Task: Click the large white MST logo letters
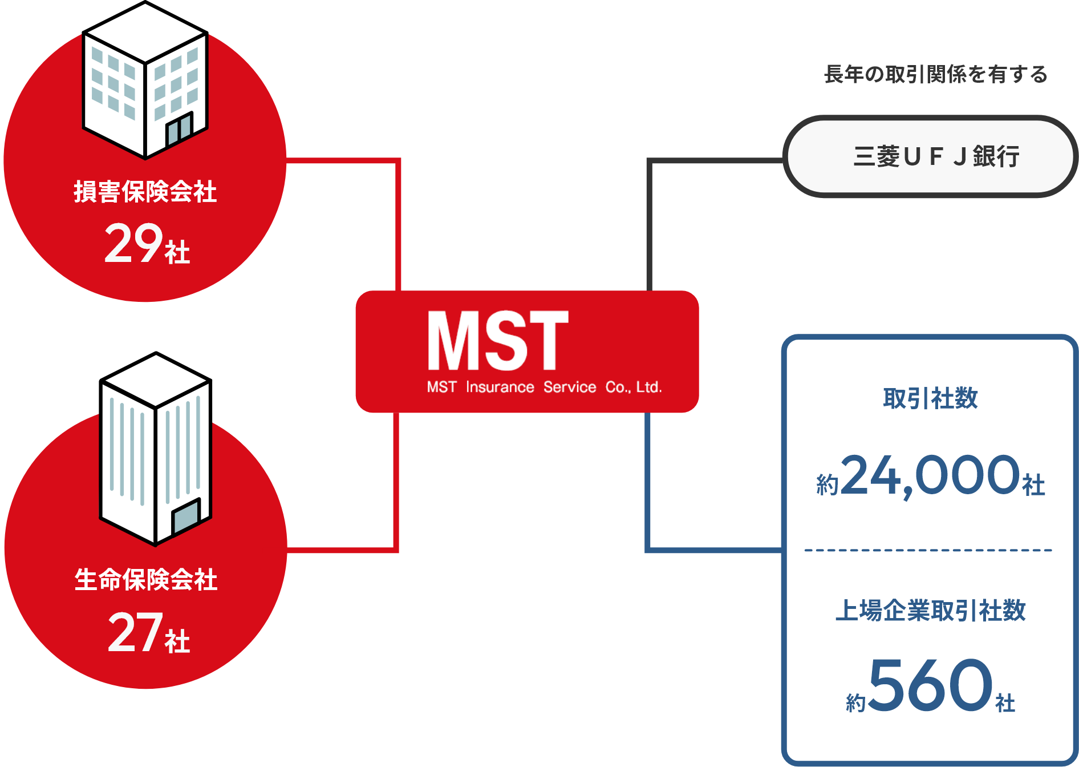coord(498,341)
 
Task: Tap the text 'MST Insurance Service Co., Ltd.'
coord(544,387)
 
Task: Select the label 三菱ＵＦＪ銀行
coord(936,156)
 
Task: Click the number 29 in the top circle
coord(134,244)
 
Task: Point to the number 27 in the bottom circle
coord(136,632)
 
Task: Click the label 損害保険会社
coord(145,192)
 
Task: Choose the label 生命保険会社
coord(146,580)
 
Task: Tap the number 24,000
coord(930,475)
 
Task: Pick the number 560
coord(931,684)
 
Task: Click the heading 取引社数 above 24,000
coord(930,398)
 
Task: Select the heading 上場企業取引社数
coord(930,611)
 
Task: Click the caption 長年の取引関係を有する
coord(935,74)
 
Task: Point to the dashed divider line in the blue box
coord(928,550)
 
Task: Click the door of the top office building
coord(179,130)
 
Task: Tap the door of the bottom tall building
coord(186,516)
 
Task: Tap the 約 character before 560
coord(855,703)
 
